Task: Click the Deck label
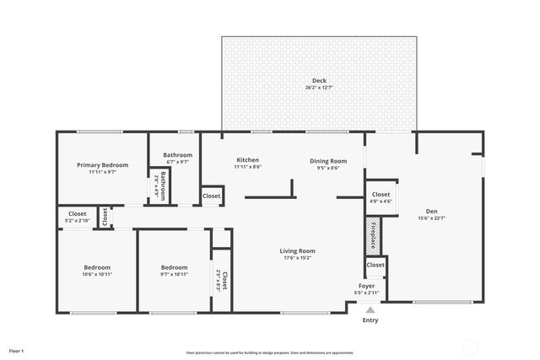tap(319, 81)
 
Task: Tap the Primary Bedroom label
tap(102, 165)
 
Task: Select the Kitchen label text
tap(247, 160)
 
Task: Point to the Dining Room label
tap(328, 160)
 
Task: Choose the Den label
tap(431, 212)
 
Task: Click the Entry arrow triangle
tap(370, 309)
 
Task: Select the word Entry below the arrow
tap(370, 320)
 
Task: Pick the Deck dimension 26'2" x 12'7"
tap(319, 88)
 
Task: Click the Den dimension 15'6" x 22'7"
tap(431, 218)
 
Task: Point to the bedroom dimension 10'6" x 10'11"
tap(97, 274)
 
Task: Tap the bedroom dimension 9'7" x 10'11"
tap(174, 274)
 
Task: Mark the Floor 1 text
tap(17, 350)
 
